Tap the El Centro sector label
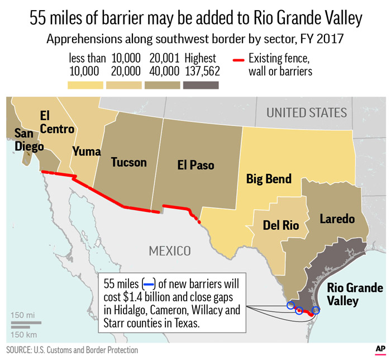click(56, 122)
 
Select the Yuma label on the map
click(86, 151)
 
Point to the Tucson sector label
click(128, 162)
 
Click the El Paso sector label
click(195, 165)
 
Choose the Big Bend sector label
click(269, 179)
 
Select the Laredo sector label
click(337, 219)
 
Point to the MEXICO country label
click(170, 250)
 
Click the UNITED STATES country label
click(306, 112)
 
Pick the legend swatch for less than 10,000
click(85, 85)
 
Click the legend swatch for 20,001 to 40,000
click(163, 85)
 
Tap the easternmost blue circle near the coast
click(316, 310)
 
